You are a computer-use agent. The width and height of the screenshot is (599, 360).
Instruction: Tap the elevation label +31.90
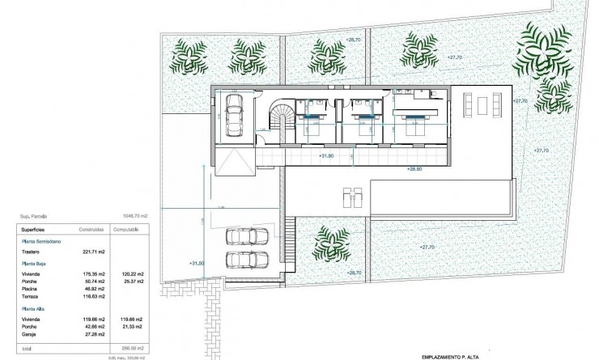(x=325, y=155)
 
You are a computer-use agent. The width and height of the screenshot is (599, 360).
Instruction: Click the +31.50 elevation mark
(x=197, y=263)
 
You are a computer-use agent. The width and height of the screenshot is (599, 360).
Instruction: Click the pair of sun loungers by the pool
(x=350, y=196)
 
